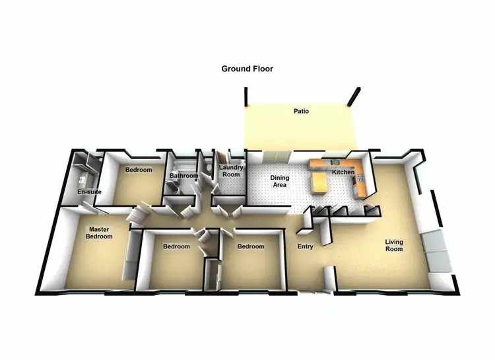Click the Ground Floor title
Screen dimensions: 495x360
pyautogui.click(x=247, y=69)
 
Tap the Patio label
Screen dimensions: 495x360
pyautogui.click(x=301, y=111)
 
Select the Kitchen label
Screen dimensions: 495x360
pyautogui.click(x=343, y=172)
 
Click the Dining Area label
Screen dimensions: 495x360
pyautogui.click(x=280, y=181)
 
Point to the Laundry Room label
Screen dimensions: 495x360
pyautogui.click(x=230, y=170)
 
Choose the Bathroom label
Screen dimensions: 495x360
pyautogui.click(x=183, y=176)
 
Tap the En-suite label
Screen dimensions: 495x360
pyautogui.click(x=89, y=192)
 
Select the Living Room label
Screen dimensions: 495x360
pyautogui.click(x=394, y=246)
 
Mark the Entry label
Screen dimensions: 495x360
pyautogui.click(x=305, y=246)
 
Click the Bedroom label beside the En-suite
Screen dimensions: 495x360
pyautogui.click(x=139, y=170)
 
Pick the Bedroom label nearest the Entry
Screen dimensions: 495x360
pyautogui.click(x=251, y=246)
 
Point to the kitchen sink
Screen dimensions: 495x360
pyautogui.click(x=336, y=162)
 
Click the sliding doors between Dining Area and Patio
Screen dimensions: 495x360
pyautogui.click(x=275, y=156)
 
